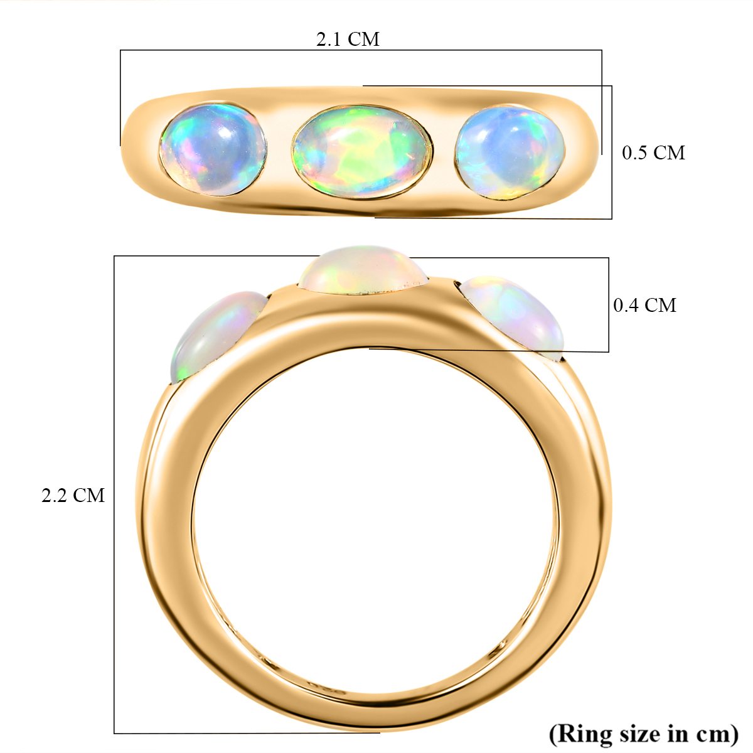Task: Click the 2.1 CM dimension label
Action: click(348, 39)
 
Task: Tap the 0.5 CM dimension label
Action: click(653, 152)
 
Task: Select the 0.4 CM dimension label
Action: click(644, 305)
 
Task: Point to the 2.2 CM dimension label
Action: click(73, 496)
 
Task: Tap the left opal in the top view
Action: click(213, 149)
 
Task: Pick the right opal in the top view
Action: click(510, 152)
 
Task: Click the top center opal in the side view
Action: click(363, 270)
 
